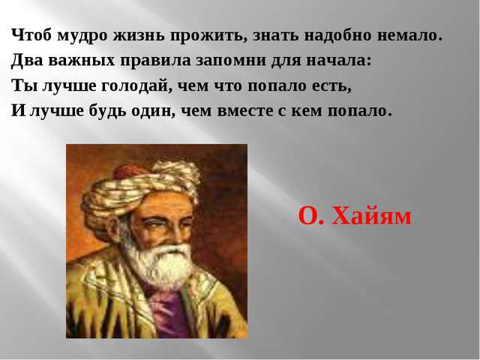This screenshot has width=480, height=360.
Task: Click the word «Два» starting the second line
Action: tap(27, 60)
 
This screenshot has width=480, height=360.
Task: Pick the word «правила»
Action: tap(155, 61)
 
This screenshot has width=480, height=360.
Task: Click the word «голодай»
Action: tap(134, 86)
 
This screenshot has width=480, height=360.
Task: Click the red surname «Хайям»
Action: tap(372, 216)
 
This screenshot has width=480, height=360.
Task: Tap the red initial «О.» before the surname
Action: tap(310, 216)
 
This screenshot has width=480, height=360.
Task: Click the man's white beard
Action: tap(159, 263)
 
